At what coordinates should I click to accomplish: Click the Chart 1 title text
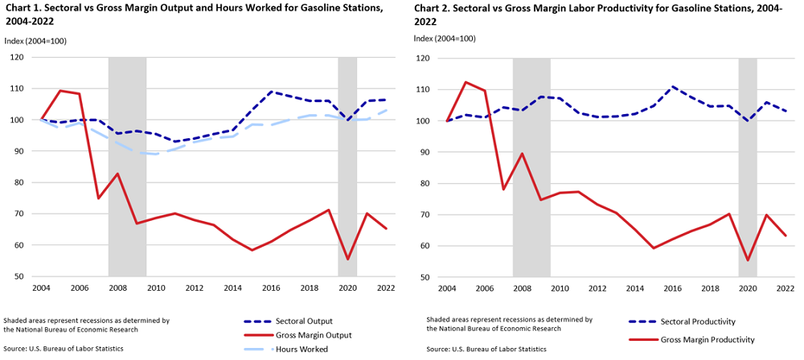click(201, 15)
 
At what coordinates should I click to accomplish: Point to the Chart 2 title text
click(603, 15)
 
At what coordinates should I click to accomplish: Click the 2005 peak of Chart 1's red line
click(60, 91)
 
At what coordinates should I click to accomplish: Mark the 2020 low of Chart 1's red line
click(347, 259)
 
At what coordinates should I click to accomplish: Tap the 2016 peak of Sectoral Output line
click(271, 92)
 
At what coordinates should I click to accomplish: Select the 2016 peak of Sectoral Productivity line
click(672, 87)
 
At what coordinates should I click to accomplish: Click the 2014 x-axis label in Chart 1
click(232, 288)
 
